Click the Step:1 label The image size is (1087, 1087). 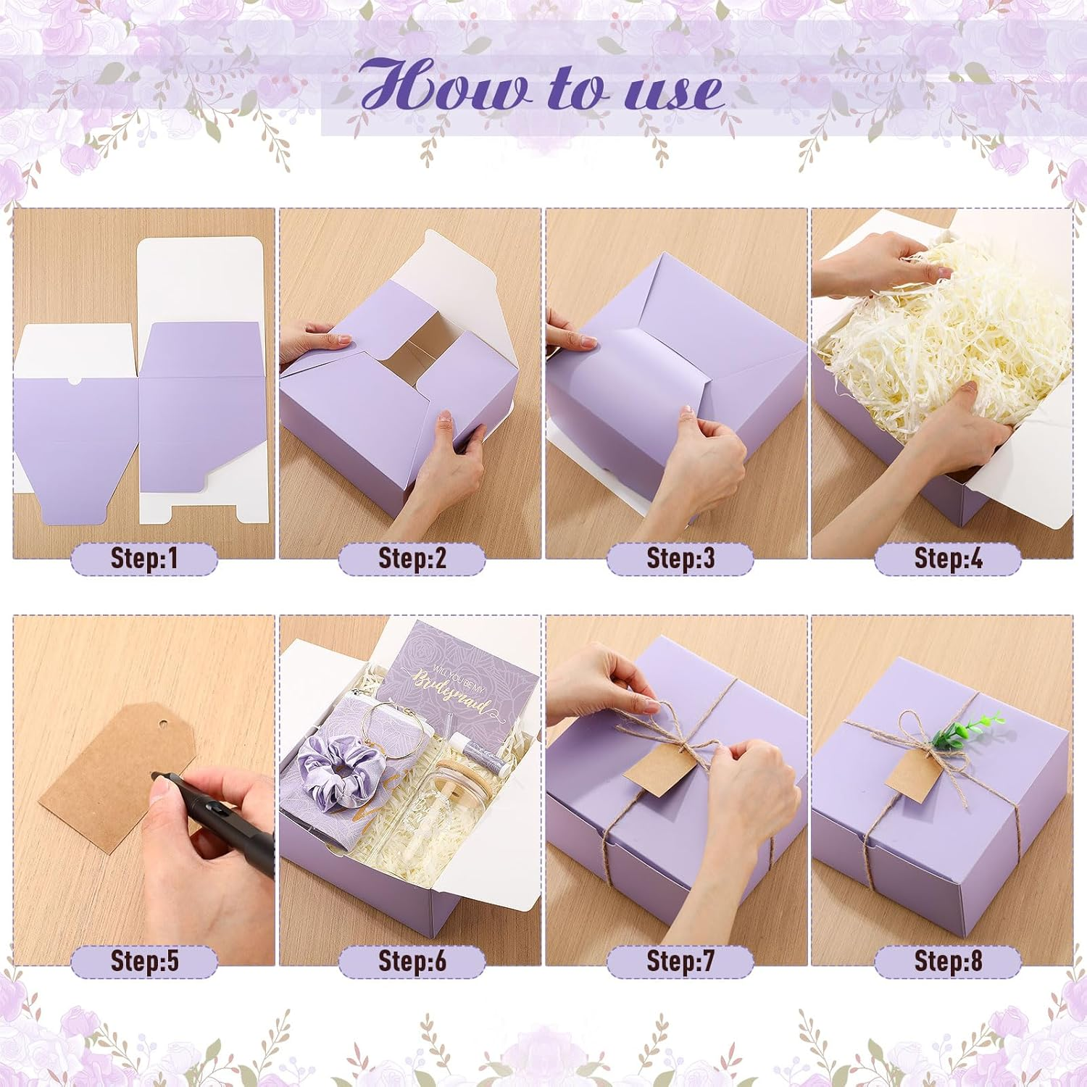[144, 558]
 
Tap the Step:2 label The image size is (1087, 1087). [412, 558]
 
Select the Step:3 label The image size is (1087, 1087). [680, 558]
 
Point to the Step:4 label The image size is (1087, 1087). [948, 558]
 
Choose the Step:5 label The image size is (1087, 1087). [144, 961]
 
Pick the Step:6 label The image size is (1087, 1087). [412, 961]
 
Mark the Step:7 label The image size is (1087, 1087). [680, 961]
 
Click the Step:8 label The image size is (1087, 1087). [948, 961]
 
